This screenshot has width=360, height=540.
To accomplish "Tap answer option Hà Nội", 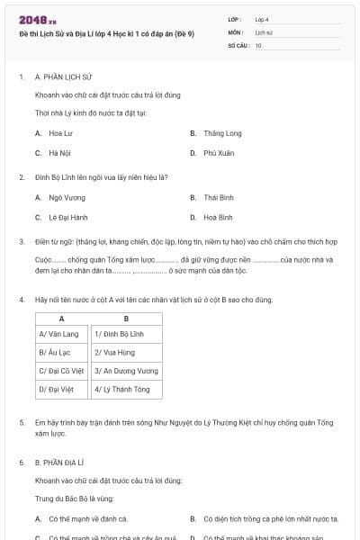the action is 59,153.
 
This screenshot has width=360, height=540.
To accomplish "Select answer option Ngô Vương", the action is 67,197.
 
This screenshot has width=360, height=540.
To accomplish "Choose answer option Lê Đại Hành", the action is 68,217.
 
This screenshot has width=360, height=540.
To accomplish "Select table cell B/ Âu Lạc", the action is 61,353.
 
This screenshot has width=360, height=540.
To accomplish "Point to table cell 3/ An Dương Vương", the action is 126,371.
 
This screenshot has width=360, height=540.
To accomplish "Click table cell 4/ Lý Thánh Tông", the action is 126,390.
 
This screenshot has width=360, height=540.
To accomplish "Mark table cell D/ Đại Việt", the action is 61,390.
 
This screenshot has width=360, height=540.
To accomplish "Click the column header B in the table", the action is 126,319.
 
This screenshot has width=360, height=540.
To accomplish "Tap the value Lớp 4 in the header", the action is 262,19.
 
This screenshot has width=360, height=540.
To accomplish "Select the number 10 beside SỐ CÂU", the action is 258,45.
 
